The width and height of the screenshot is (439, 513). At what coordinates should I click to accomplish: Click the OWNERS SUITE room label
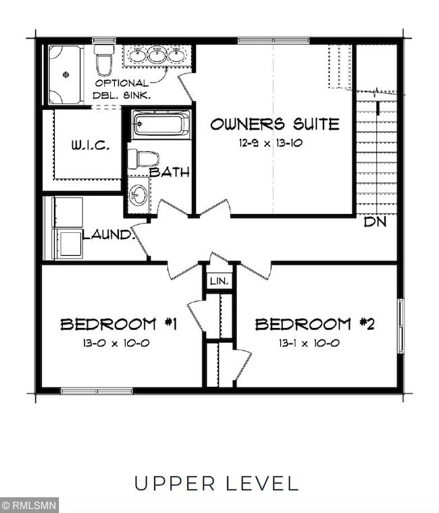[274, 124]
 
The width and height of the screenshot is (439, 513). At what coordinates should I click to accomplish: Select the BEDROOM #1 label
[119, 324]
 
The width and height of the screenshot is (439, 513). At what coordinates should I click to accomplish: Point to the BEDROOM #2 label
[315, 324]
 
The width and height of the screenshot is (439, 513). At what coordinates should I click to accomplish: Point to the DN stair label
[375, 221]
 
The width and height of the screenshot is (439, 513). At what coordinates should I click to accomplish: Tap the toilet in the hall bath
[143, 159]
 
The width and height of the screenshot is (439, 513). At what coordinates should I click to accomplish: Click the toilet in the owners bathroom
[104, 59]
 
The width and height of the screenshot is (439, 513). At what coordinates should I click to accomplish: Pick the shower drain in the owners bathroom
[66, 75]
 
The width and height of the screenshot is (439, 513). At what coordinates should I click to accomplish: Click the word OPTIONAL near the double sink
[120, 82]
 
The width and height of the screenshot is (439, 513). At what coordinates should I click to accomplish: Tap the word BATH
[169, 172]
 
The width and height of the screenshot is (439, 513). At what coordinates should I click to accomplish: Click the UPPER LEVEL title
[216, 483]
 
